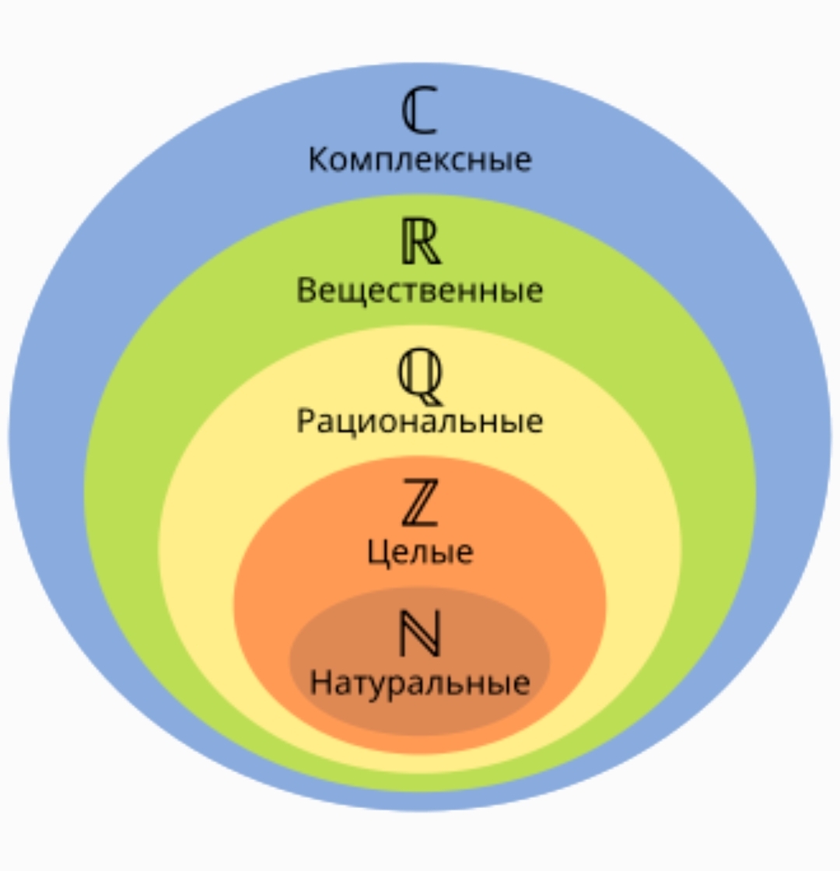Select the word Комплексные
pos(420,159)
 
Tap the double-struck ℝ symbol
pos(421,241)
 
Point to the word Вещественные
pos(420,291)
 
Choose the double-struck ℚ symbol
pos(420,376)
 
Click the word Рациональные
pos(420,421)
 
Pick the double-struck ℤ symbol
pos(420,502)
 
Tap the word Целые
pos(420,553)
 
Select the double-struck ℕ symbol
pos(420,633)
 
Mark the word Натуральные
pos(420,683)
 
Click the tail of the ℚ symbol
pos(431,399)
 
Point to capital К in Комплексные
pos(320,159)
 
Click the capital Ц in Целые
pos(378,553)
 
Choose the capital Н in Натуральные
pos(321,682)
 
